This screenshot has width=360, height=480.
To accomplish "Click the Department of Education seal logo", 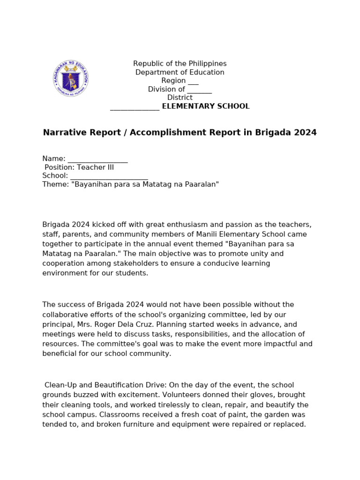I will point(71,78).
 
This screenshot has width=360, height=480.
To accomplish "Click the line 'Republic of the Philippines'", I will point(180,63).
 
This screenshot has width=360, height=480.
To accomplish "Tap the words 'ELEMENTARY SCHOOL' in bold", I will point(206,106).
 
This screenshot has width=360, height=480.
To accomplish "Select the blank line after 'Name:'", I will point(97,159).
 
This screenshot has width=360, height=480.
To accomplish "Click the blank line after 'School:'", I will point(109,176).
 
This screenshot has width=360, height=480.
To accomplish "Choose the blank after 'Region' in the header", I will point(193,81).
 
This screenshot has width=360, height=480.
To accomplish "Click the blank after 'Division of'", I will point(199,90).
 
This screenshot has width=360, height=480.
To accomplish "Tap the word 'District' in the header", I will point(180,98).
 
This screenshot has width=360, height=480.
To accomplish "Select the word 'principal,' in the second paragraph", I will point(58,324).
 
